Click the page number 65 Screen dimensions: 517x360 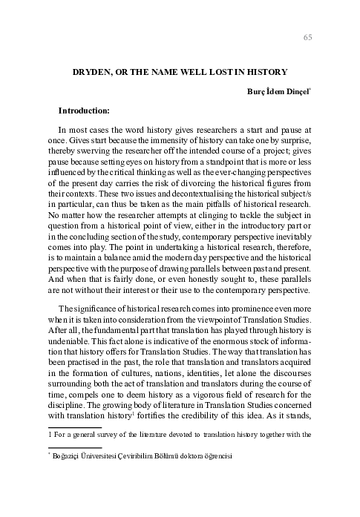pyautogui.click(x=309, y=39)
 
